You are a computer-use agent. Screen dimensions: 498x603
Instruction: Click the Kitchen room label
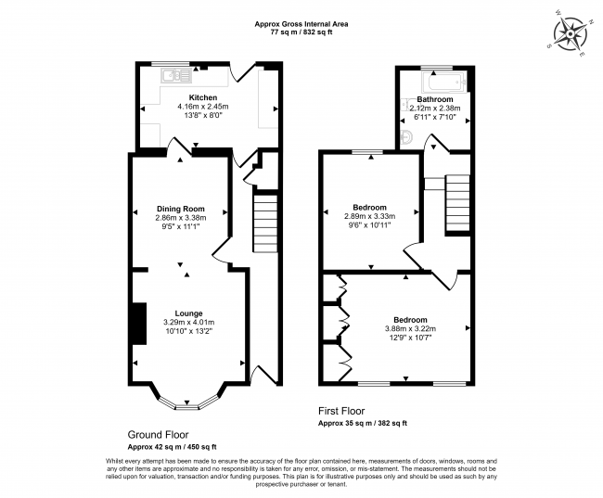point(203,97)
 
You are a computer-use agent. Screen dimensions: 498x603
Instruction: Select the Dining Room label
point(180,209)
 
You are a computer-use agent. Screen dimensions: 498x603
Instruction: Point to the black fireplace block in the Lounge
point(136,322)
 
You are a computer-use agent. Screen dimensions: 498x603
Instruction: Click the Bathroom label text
point(434,98)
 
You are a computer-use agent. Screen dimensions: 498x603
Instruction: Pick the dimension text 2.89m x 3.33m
point(369,216)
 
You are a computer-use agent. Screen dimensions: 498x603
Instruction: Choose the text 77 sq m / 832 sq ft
point(301,32)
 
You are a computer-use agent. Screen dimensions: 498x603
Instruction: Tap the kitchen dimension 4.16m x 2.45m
point(203,107)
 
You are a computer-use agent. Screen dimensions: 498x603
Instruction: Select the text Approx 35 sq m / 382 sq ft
point(362,423)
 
